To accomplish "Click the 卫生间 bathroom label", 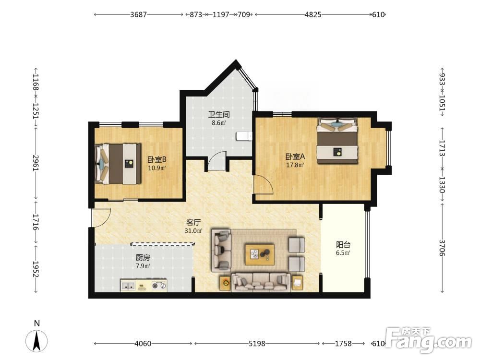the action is tap(219, 115).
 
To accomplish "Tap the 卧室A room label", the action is tap(295, 157).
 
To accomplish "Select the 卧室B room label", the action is tap(157, 159).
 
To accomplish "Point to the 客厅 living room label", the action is tap(193, 223).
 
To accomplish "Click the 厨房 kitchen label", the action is tap(143, 258).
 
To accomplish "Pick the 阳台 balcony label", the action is tap(343, 245).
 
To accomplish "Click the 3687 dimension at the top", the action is tap(138, 14).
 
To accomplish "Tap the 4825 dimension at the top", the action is tap(313, 14).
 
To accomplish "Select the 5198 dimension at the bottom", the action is tap(256, 344).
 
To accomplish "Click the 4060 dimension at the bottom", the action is tap(143, 344).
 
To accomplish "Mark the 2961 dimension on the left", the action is tap(36, 163).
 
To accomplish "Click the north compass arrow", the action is tap(37, 341).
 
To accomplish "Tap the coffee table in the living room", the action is tap(260, 254).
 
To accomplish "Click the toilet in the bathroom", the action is tap(244, 136).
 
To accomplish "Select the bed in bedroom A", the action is tap(337, 141).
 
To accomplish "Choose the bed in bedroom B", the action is tap(118, 164).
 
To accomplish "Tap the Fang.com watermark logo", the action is tap(428, 339).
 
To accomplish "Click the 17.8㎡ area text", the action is tap(295, 165).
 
